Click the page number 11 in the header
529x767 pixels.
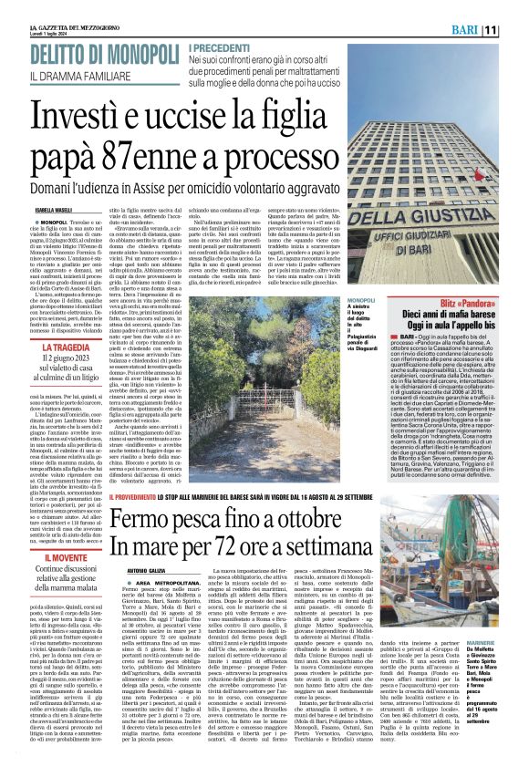click(x=515, y=31)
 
